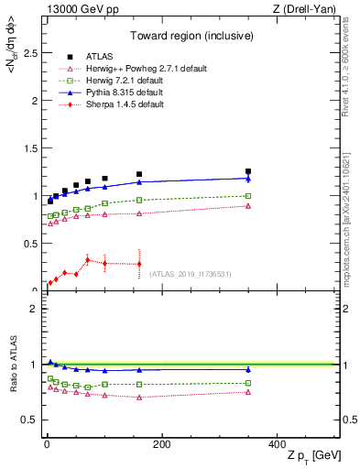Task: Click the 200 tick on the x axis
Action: click(x=161, y=445)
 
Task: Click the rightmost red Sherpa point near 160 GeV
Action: click(x=139, y=264)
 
